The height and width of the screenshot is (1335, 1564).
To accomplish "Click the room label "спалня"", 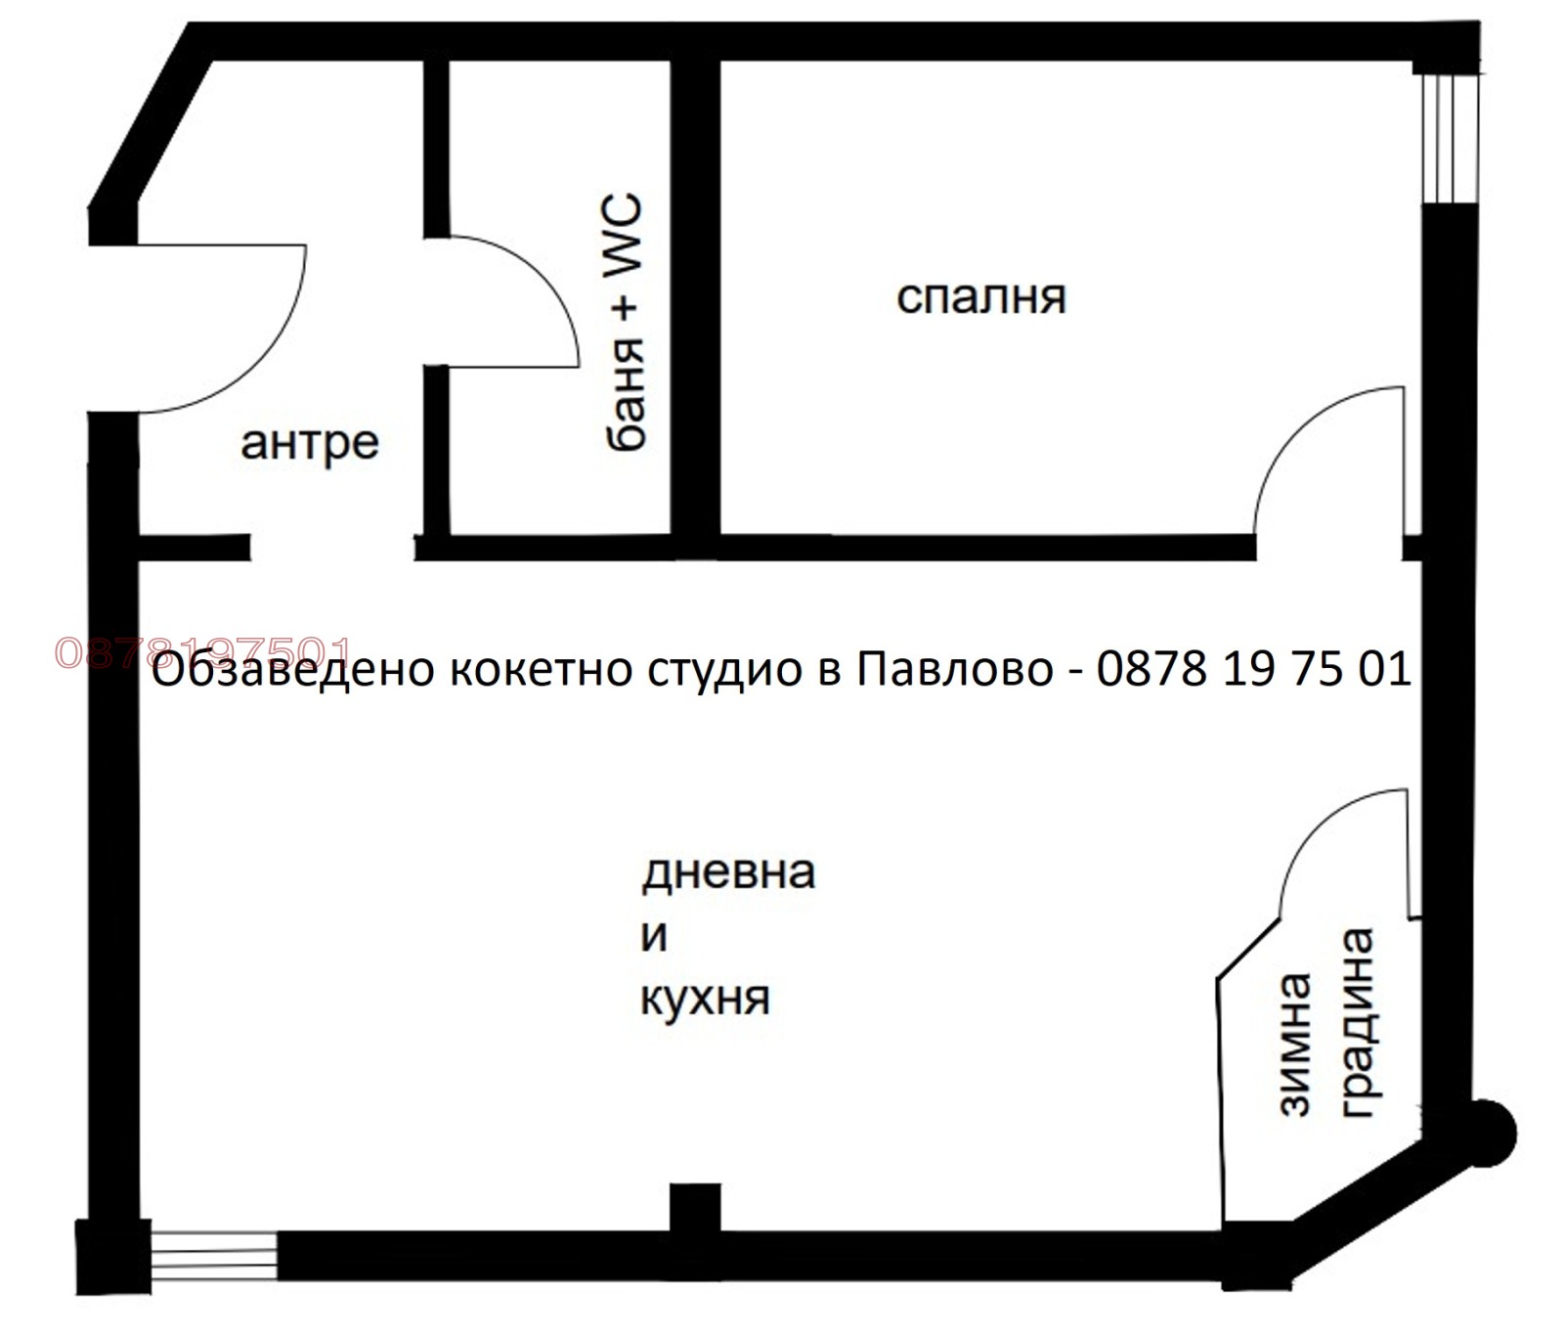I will (x=980, y=297).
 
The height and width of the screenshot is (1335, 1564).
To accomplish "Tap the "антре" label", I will (x=309, y=443).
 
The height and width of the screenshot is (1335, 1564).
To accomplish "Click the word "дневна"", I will (x=728, y=871).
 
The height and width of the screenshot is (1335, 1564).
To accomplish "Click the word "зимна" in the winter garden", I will (x=1293, y=1045).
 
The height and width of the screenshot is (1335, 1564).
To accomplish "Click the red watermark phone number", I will (x=202, y=652).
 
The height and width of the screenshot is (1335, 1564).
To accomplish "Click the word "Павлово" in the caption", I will (x=955, y=670).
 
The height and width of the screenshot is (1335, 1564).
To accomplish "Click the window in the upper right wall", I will (x=1449, y=137).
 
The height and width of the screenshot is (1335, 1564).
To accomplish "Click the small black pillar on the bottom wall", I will (x=695, y=1208).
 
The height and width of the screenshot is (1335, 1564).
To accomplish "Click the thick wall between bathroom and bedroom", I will (x=695, y=293).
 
